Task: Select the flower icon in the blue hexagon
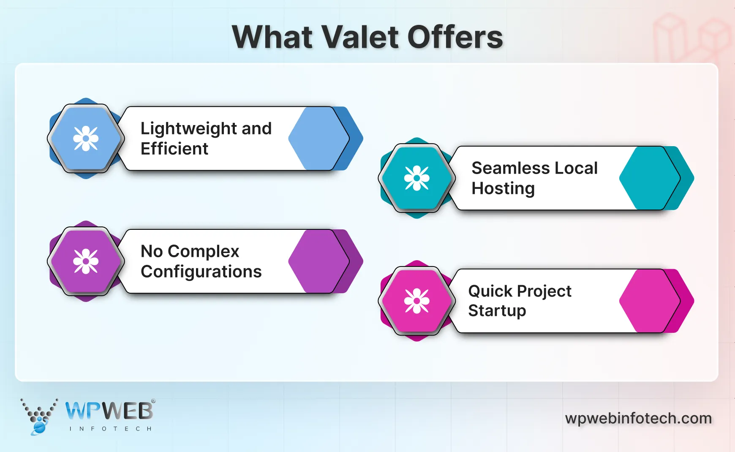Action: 86,139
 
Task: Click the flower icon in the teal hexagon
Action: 417,178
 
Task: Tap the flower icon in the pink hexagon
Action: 417,301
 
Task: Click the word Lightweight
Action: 188,129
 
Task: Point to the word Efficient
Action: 174,149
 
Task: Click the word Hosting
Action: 503,188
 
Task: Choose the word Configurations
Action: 201,272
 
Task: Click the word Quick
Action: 490,291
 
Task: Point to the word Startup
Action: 497,311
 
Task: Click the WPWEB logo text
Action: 109,411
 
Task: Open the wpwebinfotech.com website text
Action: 638,418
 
